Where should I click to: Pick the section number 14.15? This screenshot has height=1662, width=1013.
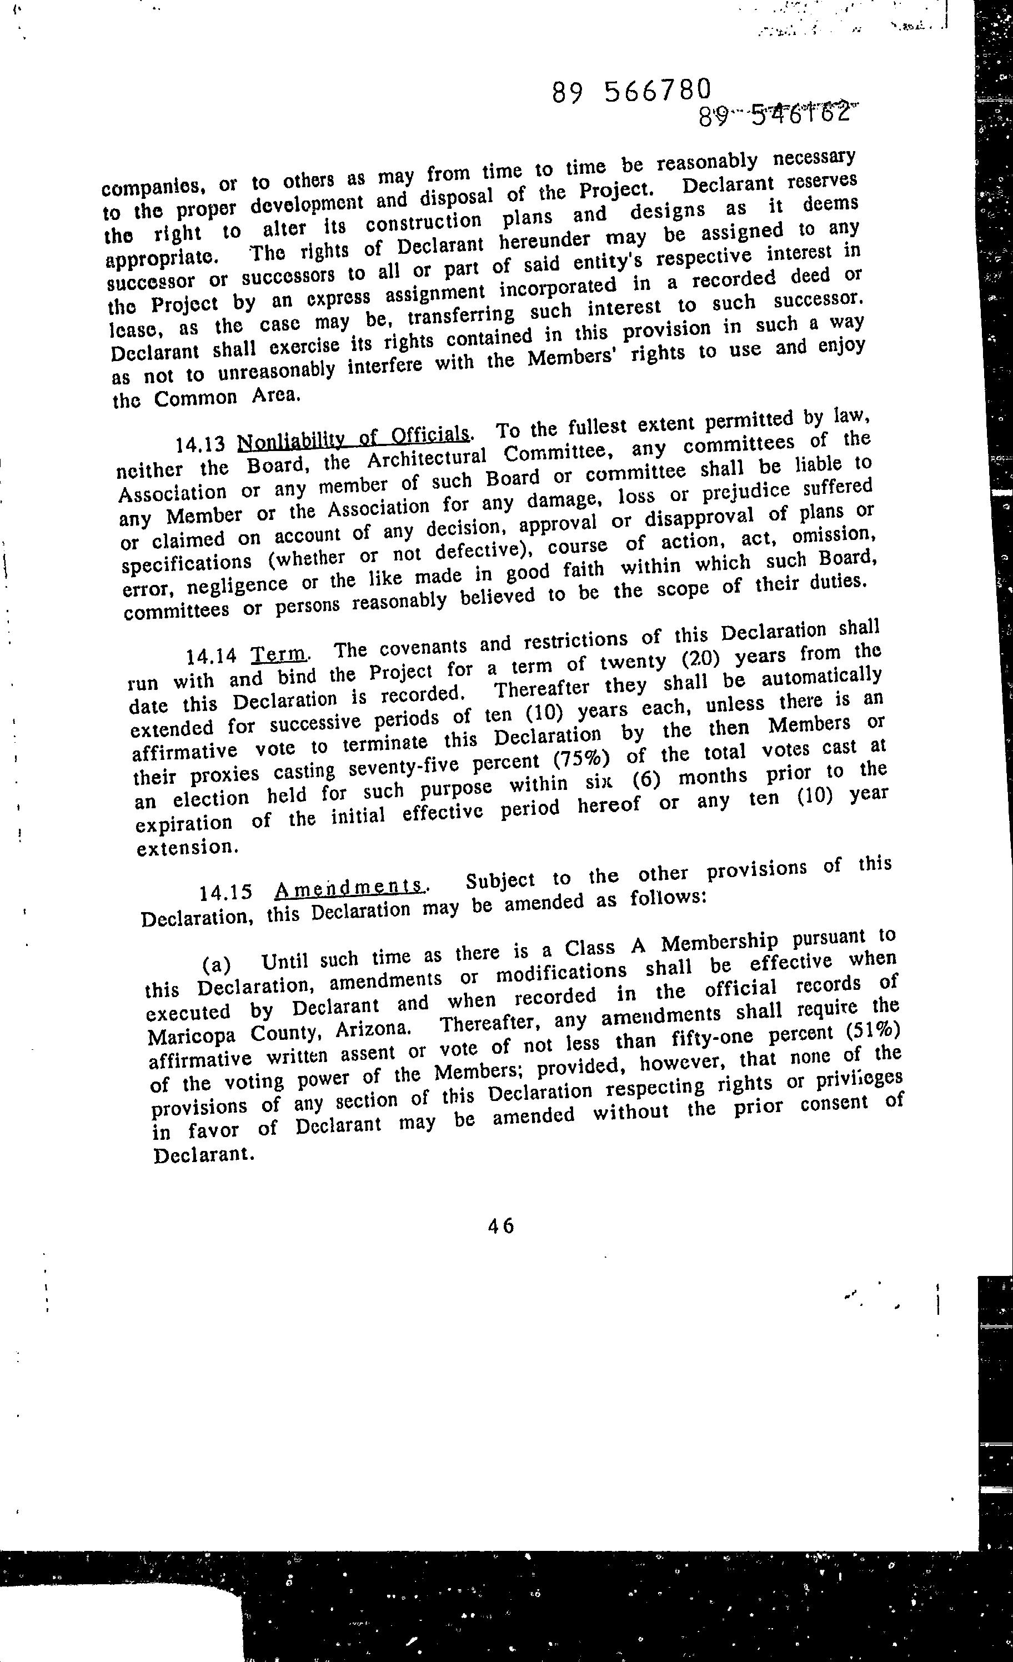tap(226, 892)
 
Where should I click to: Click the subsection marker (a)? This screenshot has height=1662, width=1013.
tap(217, 964)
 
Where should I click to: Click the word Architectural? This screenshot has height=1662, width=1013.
tap(427, 459)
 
